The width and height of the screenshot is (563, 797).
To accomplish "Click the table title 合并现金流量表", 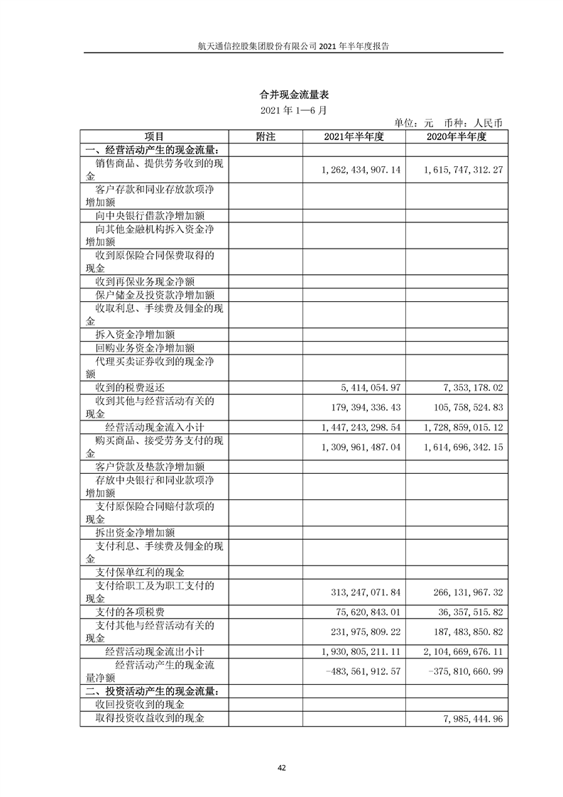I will pos(281,94).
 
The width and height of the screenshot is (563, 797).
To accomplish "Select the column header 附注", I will pos(265,136).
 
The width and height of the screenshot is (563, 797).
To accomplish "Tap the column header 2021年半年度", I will pos(353,136).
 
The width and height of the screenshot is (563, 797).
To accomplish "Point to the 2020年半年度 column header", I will pos(456,136).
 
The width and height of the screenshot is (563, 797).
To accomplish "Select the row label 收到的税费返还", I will pos(130,388).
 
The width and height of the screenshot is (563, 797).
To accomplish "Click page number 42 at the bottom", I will pos(281,768).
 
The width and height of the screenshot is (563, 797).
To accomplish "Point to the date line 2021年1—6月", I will pos(281,111).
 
